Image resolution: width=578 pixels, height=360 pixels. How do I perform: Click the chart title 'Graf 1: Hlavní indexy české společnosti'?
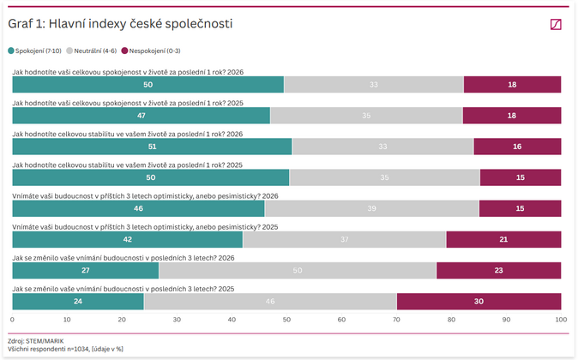pyautogui.click(x=120, y=24)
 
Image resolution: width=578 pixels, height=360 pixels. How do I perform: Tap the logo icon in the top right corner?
pyautogui.click(x=556, y=25)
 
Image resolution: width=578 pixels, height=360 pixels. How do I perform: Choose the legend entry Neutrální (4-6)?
pyautogui.click(x=92, y=51)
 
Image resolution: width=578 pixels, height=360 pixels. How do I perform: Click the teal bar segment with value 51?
pyautogui.click(x=152, y=147)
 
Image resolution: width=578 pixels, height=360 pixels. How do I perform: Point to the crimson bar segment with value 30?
pyautogui.click(x=479, y=302)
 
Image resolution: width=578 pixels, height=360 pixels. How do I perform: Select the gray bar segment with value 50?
pyautogui.click(x=298, y=271)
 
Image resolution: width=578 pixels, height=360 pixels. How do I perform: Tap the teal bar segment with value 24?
pyautogui.click(x=78, y=302)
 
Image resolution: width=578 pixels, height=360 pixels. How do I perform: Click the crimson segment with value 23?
pyautogui.click(x=498, y=271)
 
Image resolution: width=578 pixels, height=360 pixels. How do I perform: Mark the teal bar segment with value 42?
pyautogui.click(x=127, y=239)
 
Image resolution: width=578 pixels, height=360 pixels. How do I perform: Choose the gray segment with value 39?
pyautogui.click(x=371, y=208)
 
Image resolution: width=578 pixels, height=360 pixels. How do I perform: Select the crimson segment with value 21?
pyautogui.click(x=503, y=239)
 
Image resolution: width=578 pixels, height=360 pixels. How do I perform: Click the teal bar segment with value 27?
pyautogui.click(x=86, y=271)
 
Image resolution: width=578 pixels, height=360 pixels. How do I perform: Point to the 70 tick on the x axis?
pyautogui.click(x=397, y=320)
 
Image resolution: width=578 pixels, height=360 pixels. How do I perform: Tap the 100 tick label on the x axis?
pyautogui.click(x=561, y=320)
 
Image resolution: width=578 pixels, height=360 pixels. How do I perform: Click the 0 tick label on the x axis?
pyautogui.click(x=12, y=320)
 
